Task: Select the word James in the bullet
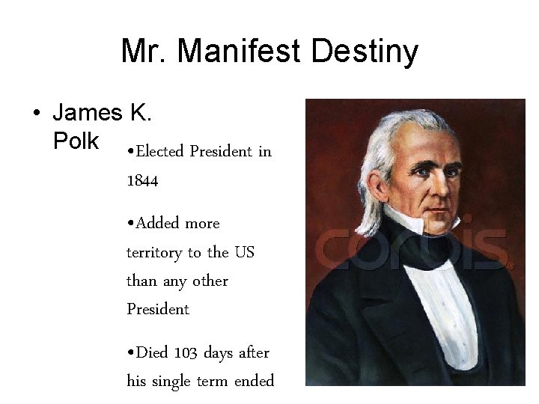87,114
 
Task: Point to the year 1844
141,180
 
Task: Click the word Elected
158,152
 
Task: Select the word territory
156,252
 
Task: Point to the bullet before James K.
36,114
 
